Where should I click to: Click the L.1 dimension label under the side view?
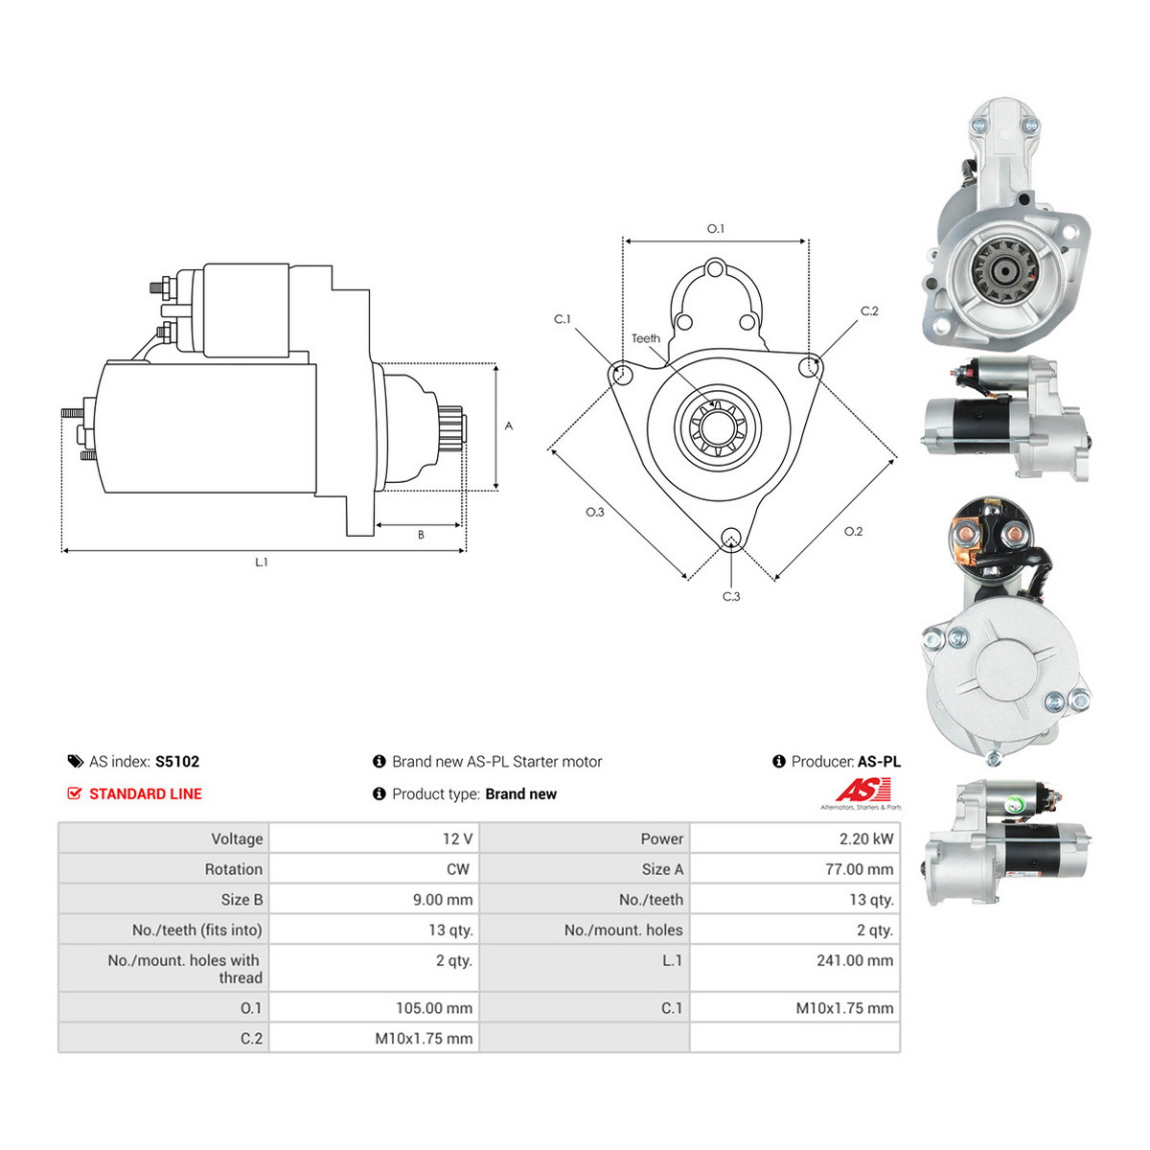261,563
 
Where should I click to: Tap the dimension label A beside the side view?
509,425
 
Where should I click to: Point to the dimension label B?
421,535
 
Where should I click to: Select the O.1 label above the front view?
715,229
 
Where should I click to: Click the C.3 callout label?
731,596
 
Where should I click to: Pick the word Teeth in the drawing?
646,338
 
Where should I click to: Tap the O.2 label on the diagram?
853,531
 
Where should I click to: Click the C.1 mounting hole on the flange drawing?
620,374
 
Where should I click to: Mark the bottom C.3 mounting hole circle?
730,539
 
